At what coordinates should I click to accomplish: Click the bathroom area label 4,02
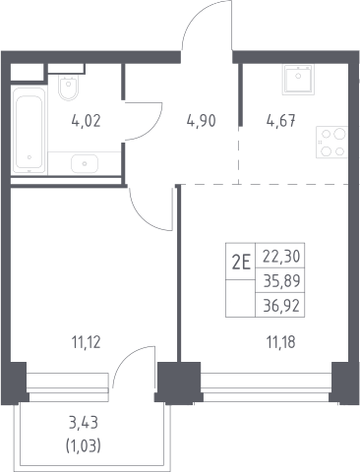(x=86, y=121)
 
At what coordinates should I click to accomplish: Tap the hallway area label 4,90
(x=202, y=121)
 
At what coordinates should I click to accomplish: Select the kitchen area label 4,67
(x=281, y=121)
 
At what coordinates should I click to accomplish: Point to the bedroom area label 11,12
(x=86, y=342)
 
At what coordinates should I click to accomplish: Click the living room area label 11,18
(x=281, y=342)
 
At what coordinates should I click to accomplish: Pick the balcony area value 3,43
(x=84, y=423)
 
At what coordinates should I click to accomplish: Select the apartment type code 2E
(x=241, y=263)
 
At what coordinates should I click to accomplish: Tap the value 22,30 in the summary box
(x=281, y=257)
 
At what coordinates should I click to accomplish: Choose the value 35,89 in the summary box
(x=281, y=281)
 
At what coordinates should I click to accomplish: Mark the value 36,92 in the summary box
(x=281, y=306)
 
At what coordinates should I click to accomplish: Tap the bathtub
(x=29, y=130)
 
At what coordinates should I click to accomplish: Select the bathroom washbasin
(x=85, y=163)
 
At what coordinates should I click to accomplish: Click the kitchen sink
(x=298, y=80)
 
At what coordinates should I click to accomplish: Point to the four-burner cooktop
(x=331, y=143)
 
